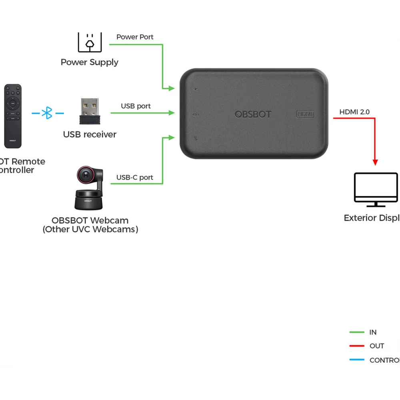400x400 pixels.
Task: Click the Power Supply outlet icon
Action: pyautogui.click(x=90, y=42)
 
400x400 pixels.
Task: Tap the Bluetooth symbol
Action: pyautogui.click(x=48, y=113)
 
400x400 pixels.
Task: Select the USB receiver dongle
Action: pyautogui.click(x=90, y=112)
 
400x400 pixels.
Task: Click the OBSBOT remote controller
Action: pyautogui.click(x=13, y=116)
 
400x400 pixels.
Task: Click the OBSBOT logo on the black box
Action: pyautogui.click(x=253, y=114)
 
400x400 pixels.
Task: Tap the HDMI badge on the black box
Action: pyautogui.click(x=305, y=114)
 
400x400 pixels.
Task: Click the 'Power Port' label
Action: pyautogui.click(x=135, y=37)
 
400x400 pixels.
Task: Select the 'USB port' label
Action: pyautogui.click(x=136, y=106)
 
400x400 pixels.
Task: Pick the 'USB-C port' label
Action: pyautogui.click(x=135, y=177)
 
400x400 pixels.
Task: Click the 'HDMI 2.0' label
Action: pyautogui.click(x=354, y=112)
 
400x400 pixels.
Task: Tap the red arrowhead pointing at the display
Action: pyautogui.click(x=375, y=162)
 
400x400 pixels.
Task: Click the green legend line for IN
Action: pyautogui.click(x=357, y=332)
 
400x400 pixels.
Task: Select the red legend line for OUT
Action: pyautogui.click(x=357, y=346)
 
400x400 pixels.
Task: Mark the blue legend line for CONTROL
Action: pyautogui.click(x=357, y=360)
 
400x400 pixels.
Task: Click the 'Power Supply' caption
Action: pyautogui.click(x=90, y=62)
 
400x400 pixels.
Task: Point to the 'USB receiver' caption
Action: pyautogui.click(x=90, y=135)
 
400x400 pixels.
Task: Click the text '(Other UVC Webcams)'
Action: pyautogui.click(x=90, y=230)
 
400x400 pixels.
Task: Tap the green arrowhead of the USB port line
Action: pyautogui.click(x=172, y=113)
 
